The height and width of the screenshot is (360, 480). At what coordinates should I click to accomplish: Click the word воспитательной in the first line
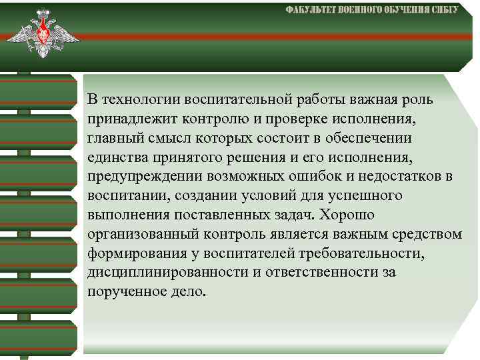pyautogui.click(x=244, y=100)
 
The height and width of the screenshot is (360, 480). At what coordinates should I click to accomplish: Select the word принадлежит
pyautogui.click(x=124, y=119)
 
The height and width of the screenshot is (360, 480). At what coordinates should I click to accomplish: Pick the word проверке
pyautogui.click(x=295, y=119)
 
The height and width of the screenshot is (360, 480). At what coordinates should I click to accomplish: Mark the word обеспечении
pyautogui.click(x=373, y=139)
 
